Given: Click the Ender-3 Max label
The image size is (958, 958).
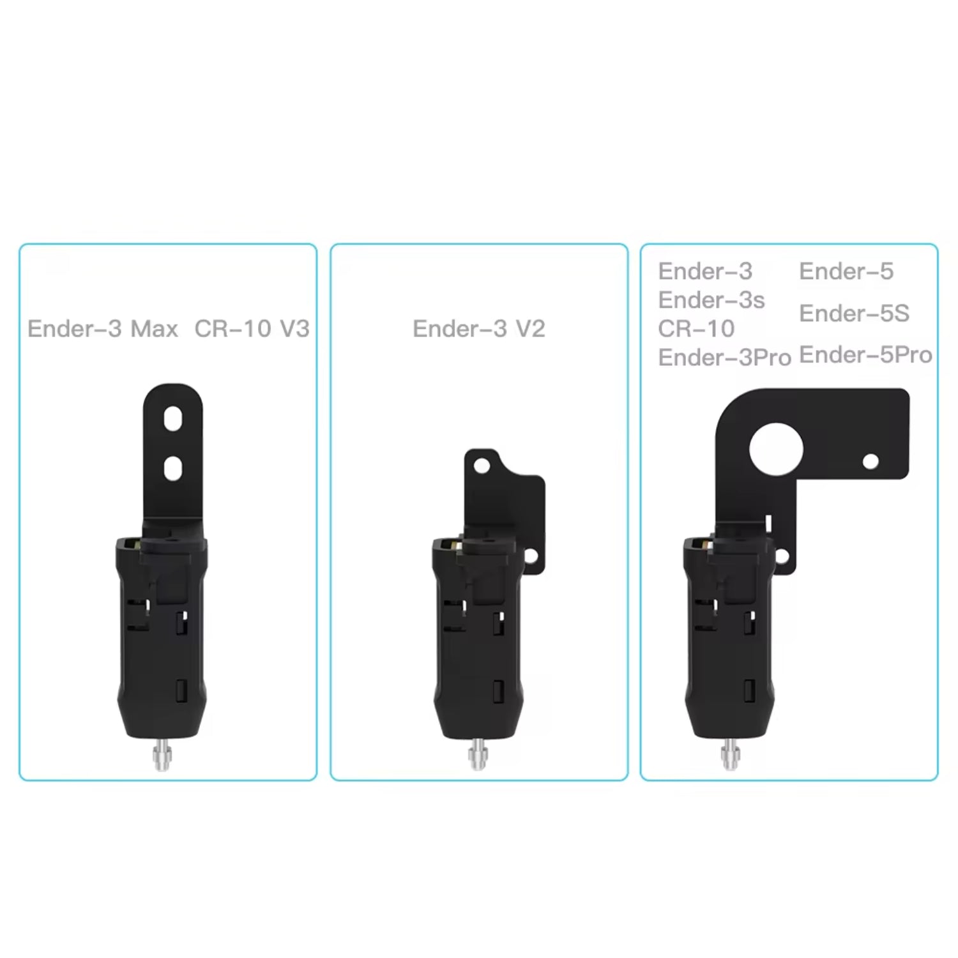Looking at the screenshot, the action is click(103, 329).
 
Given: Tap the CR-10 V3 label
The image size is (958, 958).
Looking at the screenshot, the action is click(252, 329).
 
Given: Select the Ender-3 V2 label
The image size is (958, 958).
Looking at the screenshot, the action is click(479, 329).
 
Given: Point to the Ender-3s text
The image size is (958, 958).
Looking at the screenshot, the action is click(711, 300).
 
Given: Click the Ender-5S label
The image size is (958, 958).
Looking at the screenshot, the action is click(854, 314).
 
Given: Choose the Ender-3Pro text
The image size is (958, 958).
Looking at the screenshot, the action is click(725, 358).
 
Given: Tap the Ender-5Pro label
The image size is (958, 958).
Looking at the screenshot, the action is click(865, 355).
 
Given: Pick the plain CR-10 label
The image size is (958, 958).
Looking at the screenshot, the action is click(696, 329).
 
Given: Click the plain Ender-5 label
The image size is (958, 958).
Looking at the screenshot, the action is click(846, 271).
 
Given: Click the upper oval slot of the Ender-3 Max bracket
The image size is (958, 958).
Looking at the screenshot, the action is click(173, 419).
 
